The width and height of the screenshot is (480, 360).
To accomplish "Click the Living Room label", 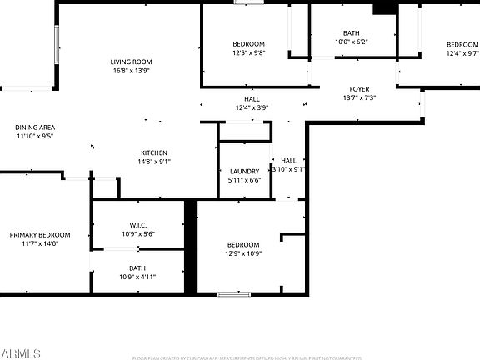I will pos(132,62).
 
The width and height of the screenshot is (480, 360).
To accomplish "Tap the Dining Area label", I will pos(34,127).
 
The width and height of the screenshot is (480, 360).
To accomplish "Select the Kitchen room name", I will pos(154,152).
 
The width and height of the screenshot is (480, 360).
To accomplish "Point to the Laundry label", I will pos(244,171).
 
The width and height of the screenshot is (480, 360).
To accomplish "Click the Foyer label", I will pos(359,89).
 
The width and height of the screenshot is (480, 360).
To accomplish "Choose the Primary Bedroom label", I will pos(40,235).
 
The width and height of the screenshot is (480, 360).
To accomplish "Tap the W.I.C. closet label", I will pos(138,225).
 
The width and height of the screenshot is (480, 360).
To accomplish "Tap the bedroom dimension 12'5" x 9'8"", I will pos(248,52).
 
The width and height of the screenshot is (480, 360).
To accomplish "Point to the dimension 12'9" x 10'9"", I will pos(243,253).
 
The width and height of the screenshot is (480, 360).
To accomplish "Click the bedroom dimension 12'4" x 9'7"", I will pos(462,53).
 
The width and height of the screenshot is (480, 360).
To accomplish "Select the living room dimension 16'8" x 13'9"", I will pos(132,71).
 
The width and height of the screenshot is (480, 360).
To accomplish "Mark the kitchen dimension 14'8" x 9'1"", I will pos(154,162).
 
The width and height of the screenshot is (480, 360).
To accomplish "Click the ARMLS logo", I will pos(21,352).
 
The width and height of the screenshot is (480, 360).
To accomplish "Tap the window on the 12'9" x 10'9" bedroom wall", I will pos(234,293).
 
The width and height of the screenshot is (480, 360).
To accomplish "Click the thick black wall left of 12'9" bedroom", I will pos(190,246).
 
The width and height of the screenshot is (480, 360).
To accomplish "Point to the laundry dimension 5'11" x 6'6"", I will pos(244,180).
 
